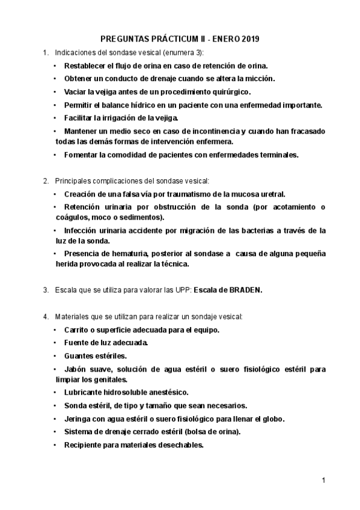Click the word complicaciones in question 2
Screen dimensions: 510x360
point(114,180)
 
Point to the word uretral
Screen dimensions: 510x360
point(269,194)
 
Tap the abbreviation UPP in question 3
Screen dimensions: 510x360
point(181,289)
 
